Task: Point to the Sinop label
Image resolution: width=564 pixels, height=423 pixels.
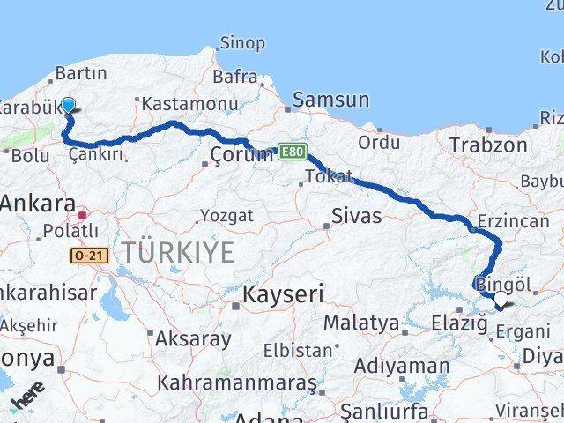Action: tap(241, 42)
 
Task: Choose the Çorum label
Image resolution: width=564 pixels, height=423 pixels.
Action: tap(242, 155)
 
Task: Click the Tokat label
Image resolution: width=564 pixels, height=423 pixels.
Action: tap(329, 176)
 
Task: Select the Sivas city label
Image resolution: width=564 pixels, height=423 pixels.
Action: tap(357, 216)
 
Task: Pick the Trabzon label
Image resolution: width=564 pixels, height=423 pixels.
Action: tap(488, 144)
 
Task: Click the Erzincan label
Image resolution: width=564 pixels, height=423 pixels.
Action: tap(512, 221)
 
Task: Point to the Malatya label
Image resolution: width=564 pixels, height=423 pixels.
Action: tap(360, 323)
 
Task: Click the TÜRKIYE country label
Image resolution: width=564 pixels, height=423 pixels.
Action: tap(178, 253)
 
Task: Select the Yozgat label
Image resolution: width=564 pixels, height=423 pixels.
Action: tap(226, 216)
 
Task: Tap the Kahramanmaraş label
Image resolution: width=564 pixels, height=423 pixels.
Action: tap(237, 383)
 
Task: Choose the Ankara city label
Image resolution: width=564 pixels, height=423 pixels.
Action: tap(38, 204)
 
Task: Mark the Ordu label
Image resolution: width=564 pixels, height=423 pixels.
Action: tap(379, 142)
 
